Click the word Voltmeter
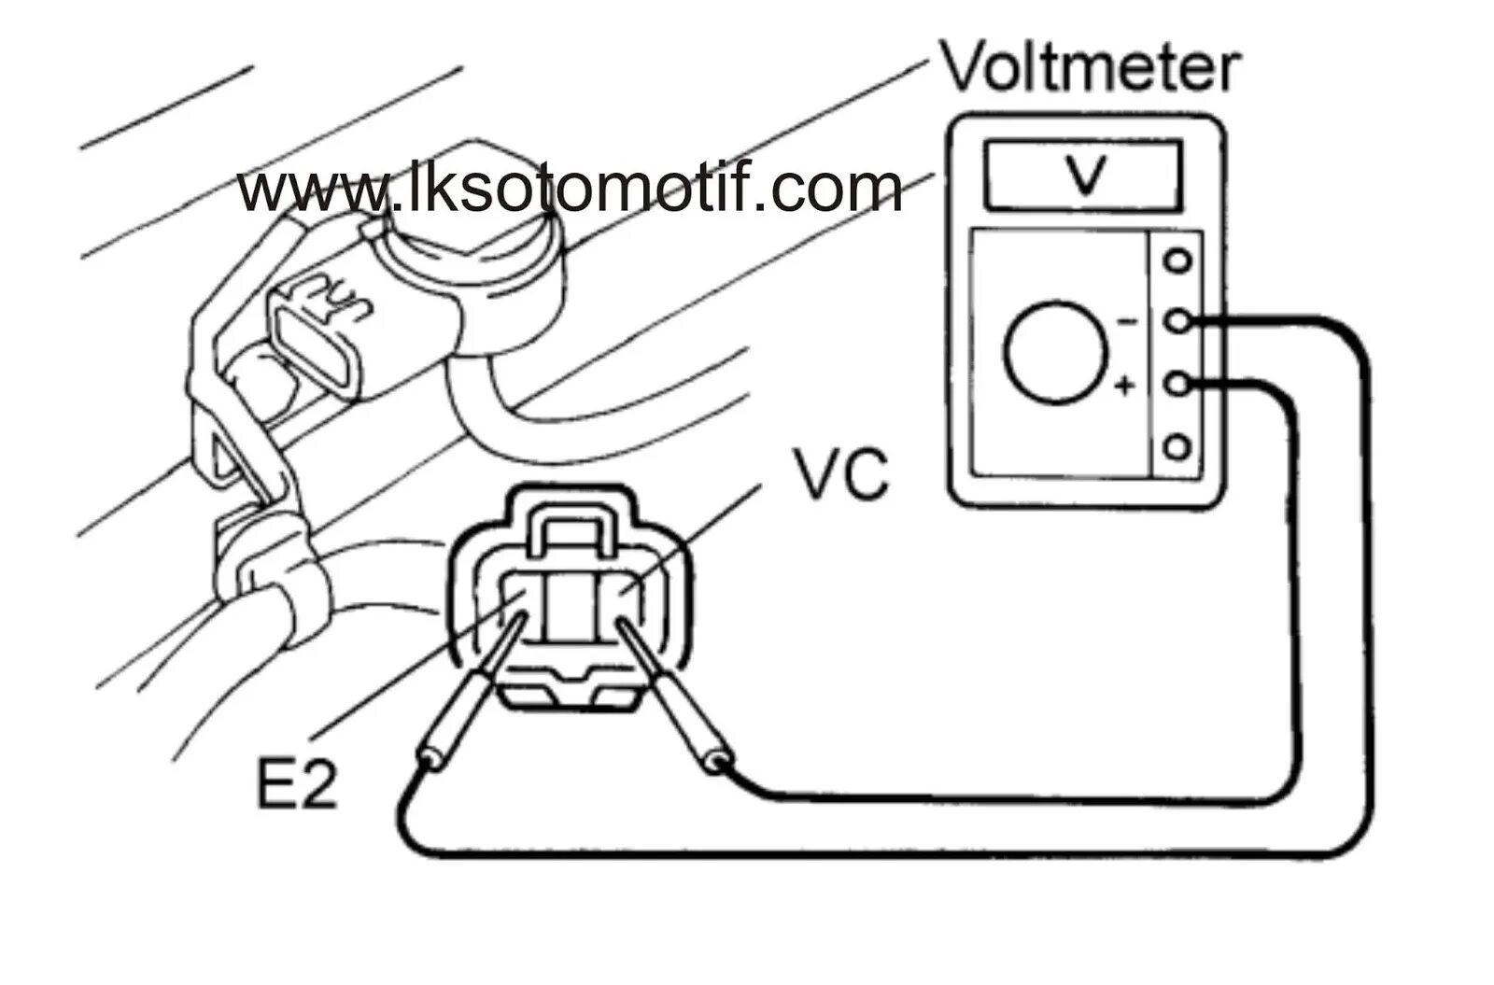[x=1091, y=67]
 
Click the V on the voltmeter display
[x=1083, y=176]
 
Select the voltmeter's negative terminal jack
[x=1178, y=322]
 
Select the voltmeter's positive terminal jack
[x=1178, y=384]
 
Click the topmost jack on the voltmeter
[x=1178, y=260]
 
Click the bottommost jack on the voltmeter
[x=1178, y=446]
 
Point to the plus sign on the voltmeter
[x=1125, y=384]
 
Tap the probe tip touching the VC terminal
[x=620, y=624]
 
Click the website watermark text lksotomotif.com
[x=570, y=190]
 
